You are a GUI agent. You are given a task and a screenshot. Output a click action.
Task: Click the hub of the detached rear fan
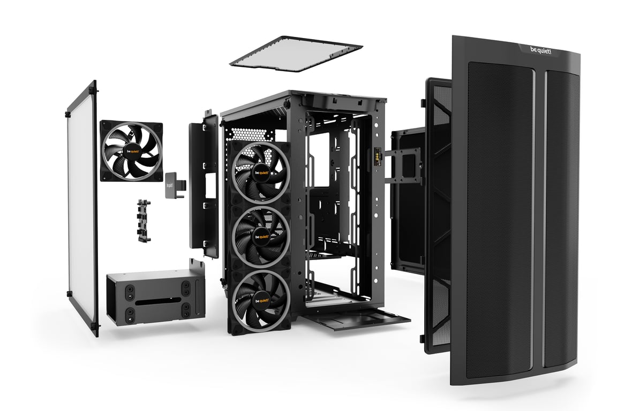131,151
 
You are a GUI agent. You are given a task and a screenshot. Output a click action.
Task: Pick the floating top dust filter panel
296,54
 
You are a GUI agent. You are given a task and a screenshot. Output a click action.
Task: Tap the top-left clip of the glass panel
69,114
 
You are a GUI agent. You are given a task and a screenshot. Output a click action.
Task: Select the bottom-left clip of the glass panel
70,294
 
